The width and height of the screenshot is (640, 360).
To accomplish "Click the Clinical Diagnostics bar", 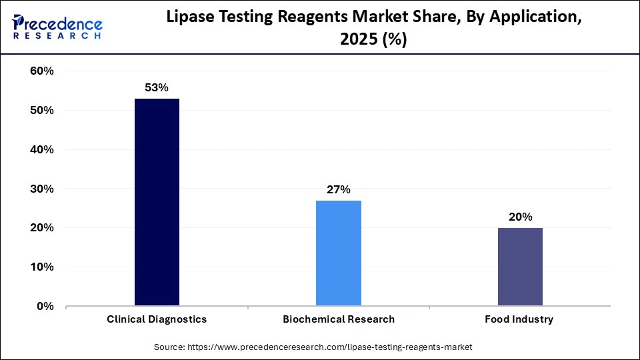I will pyautogui.click(x=157, y=203).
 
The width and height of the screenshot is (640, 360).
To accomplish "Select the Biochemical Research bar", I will pyautogui.click(x=338, y=253).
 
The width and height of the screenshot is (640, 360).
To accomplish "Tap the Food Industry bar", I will pyautogui.click(x=520, y=267).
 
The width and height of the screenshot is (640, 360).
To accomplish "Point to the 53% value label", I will pyautogui.click(x=157, y=87).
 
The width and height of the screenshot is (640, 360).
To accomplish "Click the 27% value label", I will pyautogui.click(x=338, y=189).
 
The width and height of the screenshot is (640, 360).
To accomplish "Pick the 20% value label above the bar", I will pyautogui.click(x=520, y=217).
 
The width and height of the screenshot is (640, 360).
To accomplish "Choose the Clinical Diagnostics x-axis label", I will pyautogui.click(x=157, y=319).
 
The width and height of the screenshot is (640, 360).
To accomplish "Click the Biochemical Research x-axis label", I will pyautogui.click(x=338, y=319).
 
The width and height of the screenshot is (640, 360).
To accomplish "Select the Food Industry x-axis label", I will pyautogui.click(x=520, y=319).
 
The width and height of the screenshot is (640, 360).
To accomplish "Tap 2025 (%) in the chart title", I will pyautogui.click(x=373, y=40).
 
